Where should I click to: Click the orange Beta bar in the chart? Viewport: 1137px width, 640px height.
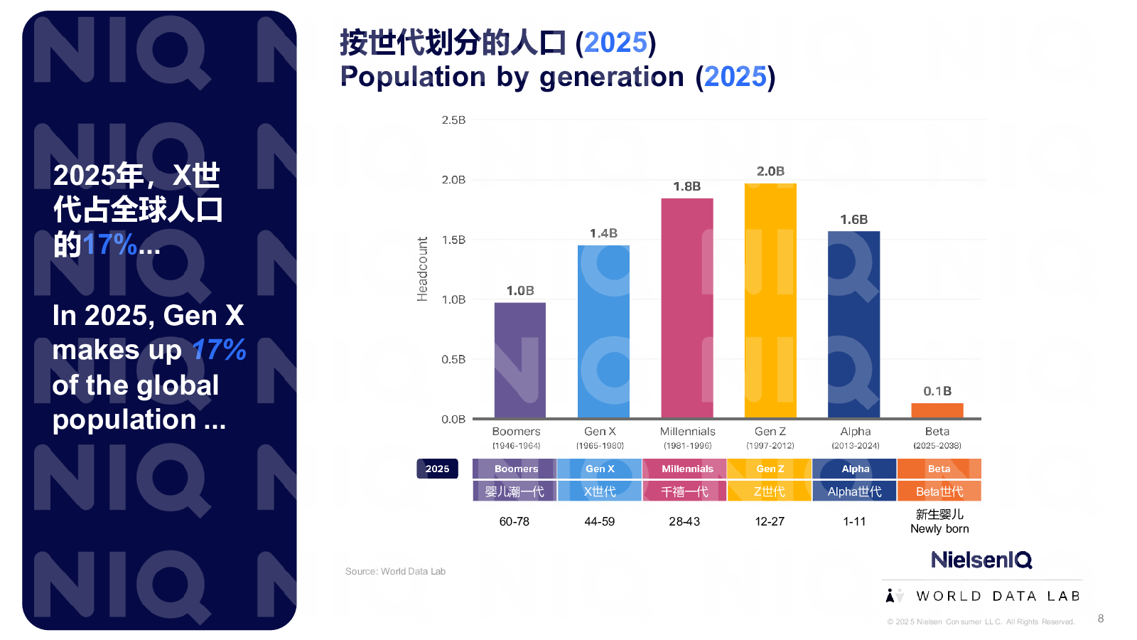[937, 410]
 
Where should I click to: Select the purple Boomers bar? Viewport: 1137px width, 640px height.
[519, 360]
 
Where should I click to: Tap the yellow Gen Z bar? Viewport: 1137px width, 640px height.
[770, 300]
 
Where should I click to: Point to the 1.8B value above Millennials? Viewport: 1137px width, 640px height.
[686, 186]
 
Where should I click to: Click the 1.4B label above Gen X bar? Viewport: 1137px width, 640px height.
[603, 233]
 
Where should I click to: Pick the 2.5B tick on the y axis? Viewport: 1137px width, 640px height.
[453, 120]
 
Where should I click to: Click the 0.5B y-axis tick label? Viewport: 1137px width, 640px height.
[453, 359]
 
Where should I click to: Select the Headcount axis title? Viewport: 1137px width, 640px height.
[423, 269]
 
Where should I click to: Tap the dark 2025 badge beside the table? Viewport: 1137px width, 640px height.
[437, 469]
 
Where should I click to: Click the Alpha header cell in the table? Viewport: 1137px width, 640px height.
[855, 469]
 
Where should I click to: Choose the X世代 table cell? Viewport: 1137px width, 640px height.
[599, 491]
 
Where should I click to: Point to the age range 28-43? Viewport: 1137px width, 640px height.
[684, 521]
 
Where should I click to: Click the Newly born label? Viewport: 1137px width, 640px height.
[939, 528]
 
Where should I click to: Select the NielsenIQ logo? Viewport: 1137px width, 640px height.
[981, 560]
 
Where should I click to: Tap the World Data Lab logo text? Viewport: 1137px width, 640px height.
[997, 596]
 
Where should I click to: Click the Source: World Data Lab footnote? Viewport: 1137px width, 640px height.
[395, 571]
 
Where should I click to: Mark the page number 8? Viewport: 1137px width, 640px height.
[1101, 619]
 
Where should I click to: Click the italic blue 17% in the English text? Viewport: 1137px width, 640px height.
[219, 350]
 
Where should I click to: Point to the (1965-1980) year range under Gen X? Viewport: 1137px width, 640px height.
[600, 446]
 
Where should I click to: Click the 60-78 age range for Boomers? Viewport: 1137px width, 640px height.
[514, 521]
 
